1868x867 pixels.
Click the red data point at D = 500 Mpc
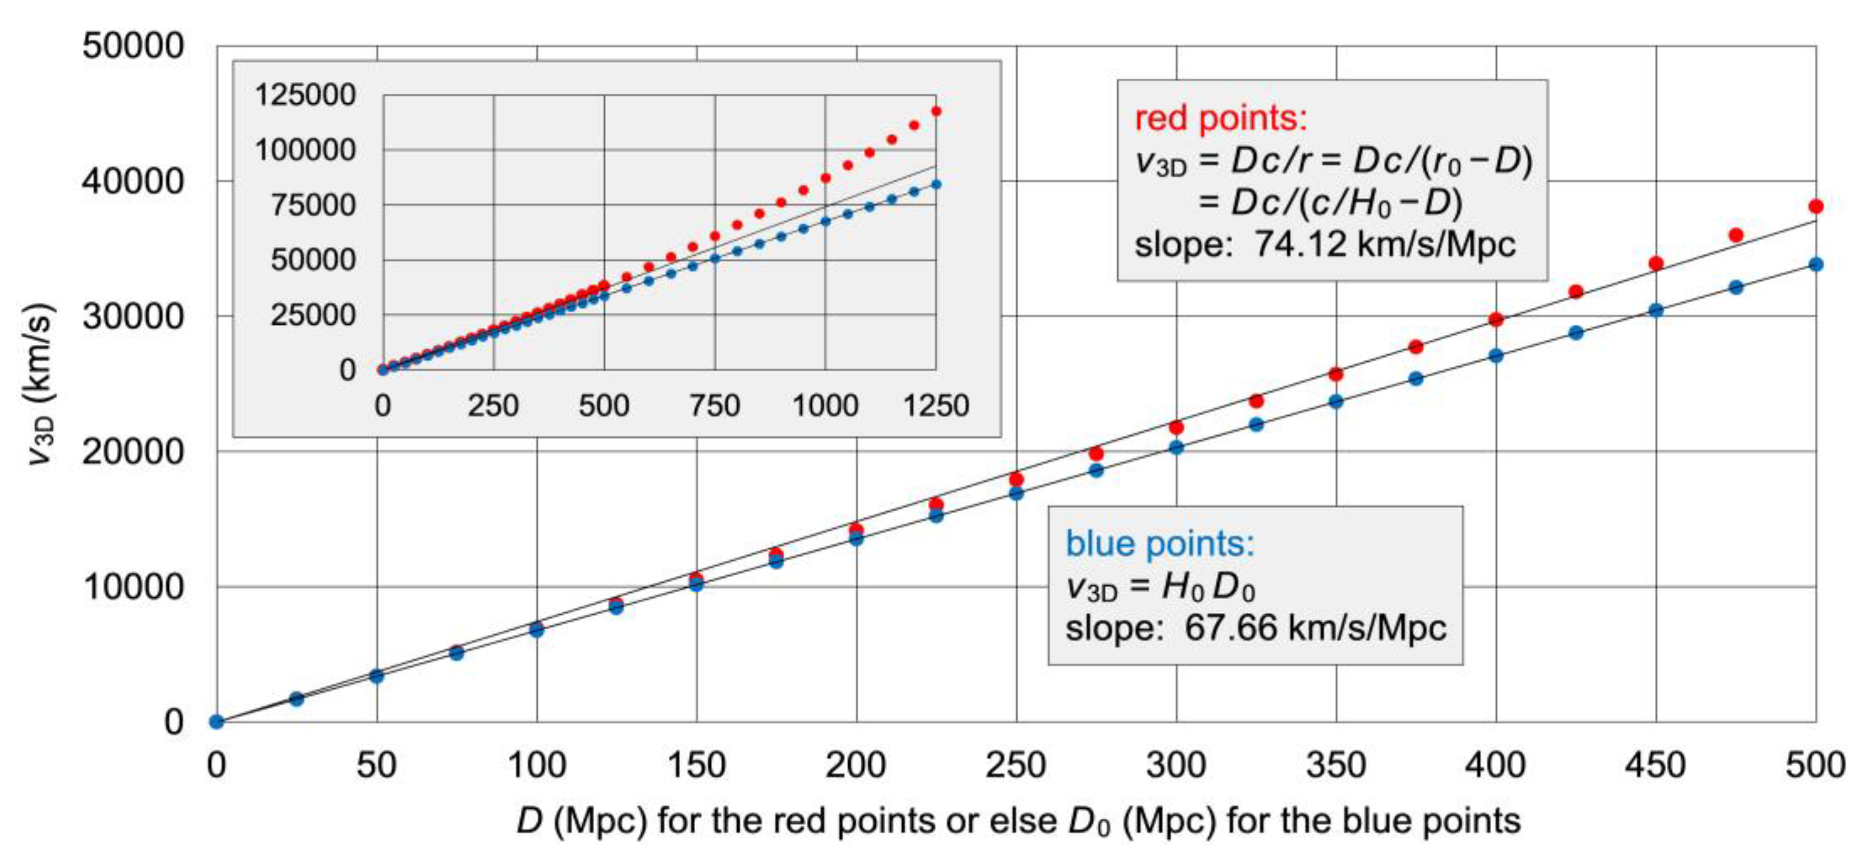pyautogui.click(x=1815, y=207)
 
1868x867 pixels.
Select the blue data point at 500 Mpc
pyautogui.click(x=1815, y=265)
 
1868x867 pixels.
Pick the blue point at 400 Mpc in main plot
pyautogui.click(x=1495, y=356)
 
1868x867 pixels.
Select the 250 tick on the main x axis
pyautogui.click(x=1015, y=765)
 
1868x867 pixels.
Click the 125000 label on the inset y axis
pyautogui.click(x=304, y=95)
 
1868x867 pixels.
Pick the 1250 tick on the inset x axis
pyautogui.click(x=936, y=405)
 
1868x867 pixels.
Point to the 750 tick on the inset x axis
pyautogui.click(x=714, y=405)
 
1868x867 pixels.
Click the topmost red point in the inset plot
pyautogui.click(x=936, y=111)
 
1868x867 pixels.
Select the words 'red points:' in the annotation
pyautogui.click(x=1220, y=118)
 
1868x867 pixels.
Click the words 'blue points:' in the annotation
pyautogui.click(x=1159, y=543)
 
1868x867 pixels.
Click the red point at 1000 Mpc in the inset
pyautogui.click(x=825, y=178)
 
